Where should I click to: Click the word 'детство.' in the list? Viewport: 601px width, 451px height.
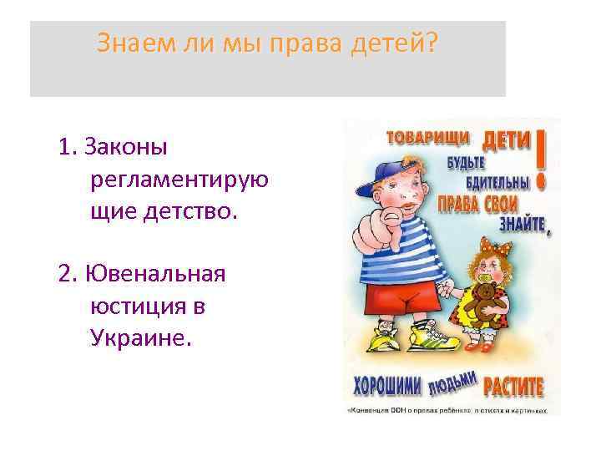point(196,211)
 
